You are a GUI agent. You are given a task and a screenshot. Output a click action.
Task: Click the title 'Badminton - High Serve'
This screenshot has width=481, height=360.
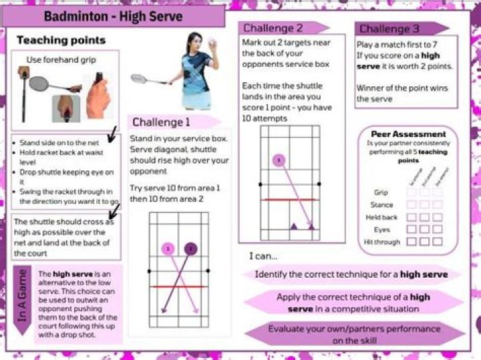tap(112, 15)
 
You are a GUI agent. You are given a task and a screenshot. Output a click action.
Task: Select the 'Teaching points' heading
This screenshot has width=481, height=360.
tap(61, 41)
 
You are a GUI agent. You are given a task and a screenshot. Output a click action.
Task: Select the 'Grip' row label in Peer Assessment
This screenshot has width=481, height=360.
tap(381, 193)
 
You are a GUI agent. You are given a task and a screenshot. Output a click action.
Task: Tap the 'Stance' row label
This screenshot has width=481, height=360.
tap(381, 205)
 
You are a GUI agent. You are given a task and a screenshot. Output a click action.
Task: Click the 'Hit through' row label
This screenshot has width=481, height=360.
tap(383, 242)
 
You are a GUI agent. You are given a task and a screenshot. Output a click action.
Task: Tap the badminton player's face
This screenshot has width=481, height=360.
tap(194, 41)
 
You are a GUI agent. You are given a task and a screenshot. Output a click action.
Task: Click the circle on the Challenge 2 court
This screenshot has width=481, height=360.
tap(279, 160)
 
